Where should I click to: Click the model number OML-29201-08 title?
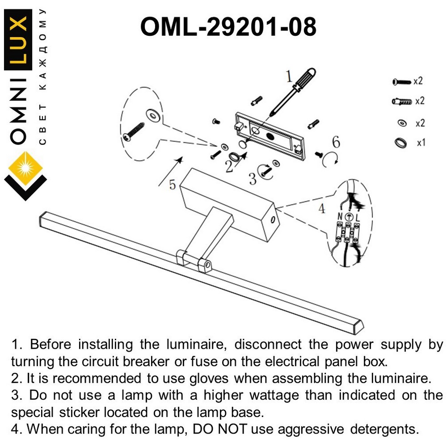(228, 27)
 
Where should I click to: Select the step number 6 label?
(336, 143)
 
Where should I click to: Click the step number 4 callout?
(322, 208)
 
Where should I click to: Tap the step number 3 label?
(253, 179)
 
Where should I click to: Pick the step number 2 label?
(229, 166)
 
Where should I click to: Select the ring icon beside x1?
(401, 143)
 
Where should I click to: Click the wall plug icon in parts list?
(401, 102)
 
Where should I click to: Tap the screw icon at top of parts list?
(401, 82)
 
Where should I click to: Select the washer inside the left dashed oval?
(153, 116)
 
